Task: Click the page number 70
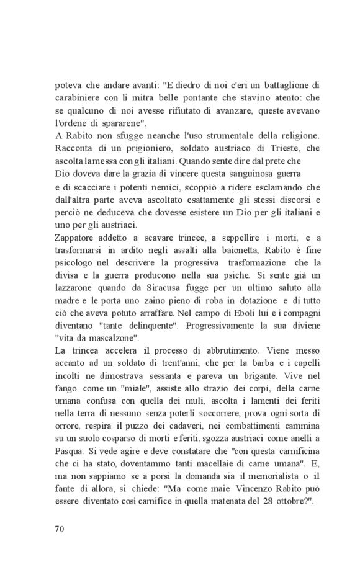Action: [60, 529]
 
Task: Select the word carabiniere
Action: [79, 98]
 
